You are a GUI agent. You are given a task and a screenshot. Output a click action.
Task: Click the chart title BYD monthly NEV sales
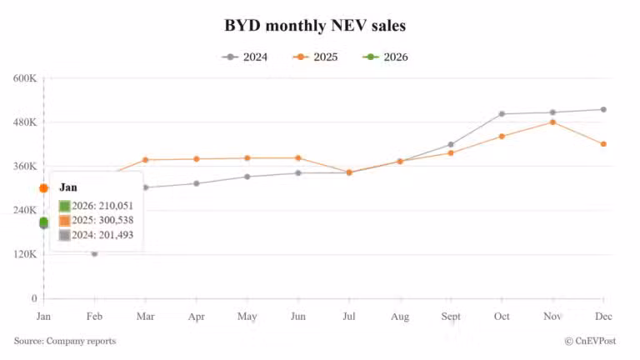point(315,26)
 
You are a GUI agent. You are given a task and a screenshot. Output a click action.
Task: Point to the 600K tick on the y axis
point(25,78)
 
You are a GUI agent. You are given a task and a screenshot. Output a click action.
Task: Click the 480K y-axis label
point(25,122)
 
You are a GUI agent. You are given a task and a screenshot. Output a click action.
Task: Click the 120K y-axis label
point(25,254)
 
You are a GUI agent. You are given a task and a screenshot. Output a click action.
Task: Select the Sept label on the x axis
point(451,317)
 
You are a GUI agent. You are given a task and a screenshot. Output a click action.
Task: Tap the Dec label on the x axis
point(602,317)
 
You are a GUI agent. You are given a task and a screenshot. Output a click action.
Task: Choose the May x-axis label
point(247,317)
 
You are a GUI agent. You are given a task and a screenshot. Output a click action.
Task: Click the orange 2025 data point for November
point(552,122)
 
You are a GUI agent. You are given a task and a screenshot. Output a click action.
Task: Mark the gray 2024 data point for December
point(603,109)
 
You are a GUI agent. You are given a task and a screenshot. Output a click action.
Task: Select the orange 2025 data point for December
point(603,144)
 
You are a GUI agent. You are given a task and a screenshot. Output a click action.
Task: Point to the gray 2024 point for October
point(502,113)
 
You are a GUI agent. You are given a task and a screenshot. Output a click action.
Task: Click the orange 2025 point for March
point(145,160)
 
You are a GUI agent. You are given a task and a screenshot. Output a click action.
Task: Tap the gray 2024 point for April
point(196,183)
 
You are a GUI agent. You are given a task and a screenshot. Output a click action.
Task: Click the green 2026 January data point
point(43,222)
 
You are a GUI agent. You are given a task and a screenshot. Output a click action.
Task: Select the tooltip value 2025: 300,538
point(97,220)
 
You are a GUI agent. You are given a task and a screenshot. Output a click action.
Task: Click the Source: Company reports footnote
point(65,341)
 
